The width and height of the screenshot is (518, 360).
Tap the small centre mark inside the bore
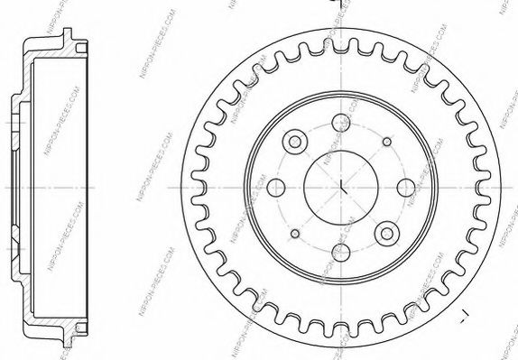[343, 188]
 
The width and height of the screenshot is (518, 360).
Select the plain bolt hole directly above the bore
[342, 124]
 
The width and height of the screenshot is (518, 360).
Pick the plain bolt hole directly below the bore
[342, 252]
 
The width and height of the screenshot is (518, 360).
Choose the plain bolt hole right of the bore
[406, 188]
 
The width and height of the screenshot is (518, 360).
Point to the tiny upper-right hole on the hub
[387, 142]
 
